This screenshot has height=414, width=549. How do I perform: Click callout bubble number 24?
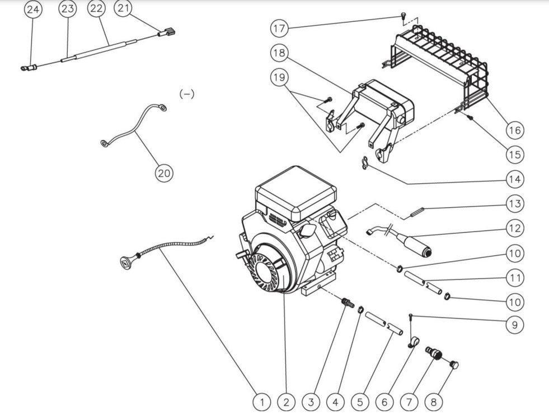click(x=34, y=10)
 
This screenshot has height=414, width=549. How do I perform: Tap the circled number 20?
click(x=163, y=173)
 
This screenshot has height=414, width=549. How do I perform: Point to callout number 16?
click(x=515, y=130)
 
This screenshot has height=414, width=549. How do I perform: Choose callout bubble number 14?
click(x=515, y=179)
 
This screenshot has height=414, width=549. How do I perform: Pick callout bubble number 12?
click(x=515, y=228)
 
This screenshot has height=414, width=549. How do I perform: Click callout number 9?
click(x=515, y=324)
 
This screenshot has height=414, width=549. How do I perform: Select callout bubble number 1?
click(x=261, y=401)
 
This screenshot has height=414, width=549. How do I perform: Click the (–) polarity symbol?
click(x=186, y=94)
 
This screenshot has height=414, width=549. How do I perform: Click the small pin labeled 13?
click(x=418, y=211)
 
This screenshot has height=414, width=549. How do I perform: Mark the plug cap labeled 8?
click(x=454, y=365)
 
